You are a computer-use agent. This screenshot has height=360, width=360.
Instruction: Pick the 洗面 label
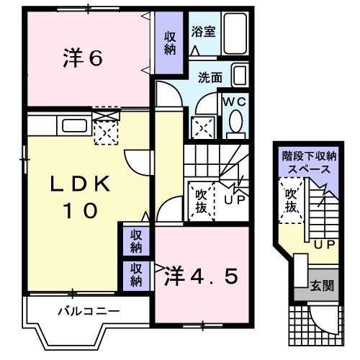[210, 76]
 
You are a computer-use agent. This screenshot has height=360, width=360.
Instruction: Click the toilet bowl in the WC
[235, 125]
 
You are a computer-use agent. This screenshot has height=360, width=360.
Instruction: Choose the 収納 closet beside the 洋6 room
[170, 43]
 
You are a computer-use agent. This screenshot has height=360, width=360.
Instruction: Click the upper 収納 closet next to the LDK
[135, 241]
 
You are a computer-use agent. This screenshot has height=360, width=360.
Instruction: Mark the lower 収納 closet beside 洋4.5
[135, 274]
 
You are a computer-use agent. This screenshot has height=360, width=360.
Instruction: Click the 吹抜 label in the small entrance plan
[290, 201]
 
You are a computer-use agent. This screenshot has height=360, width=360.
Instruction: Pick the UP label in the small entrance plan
[323, 244]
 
